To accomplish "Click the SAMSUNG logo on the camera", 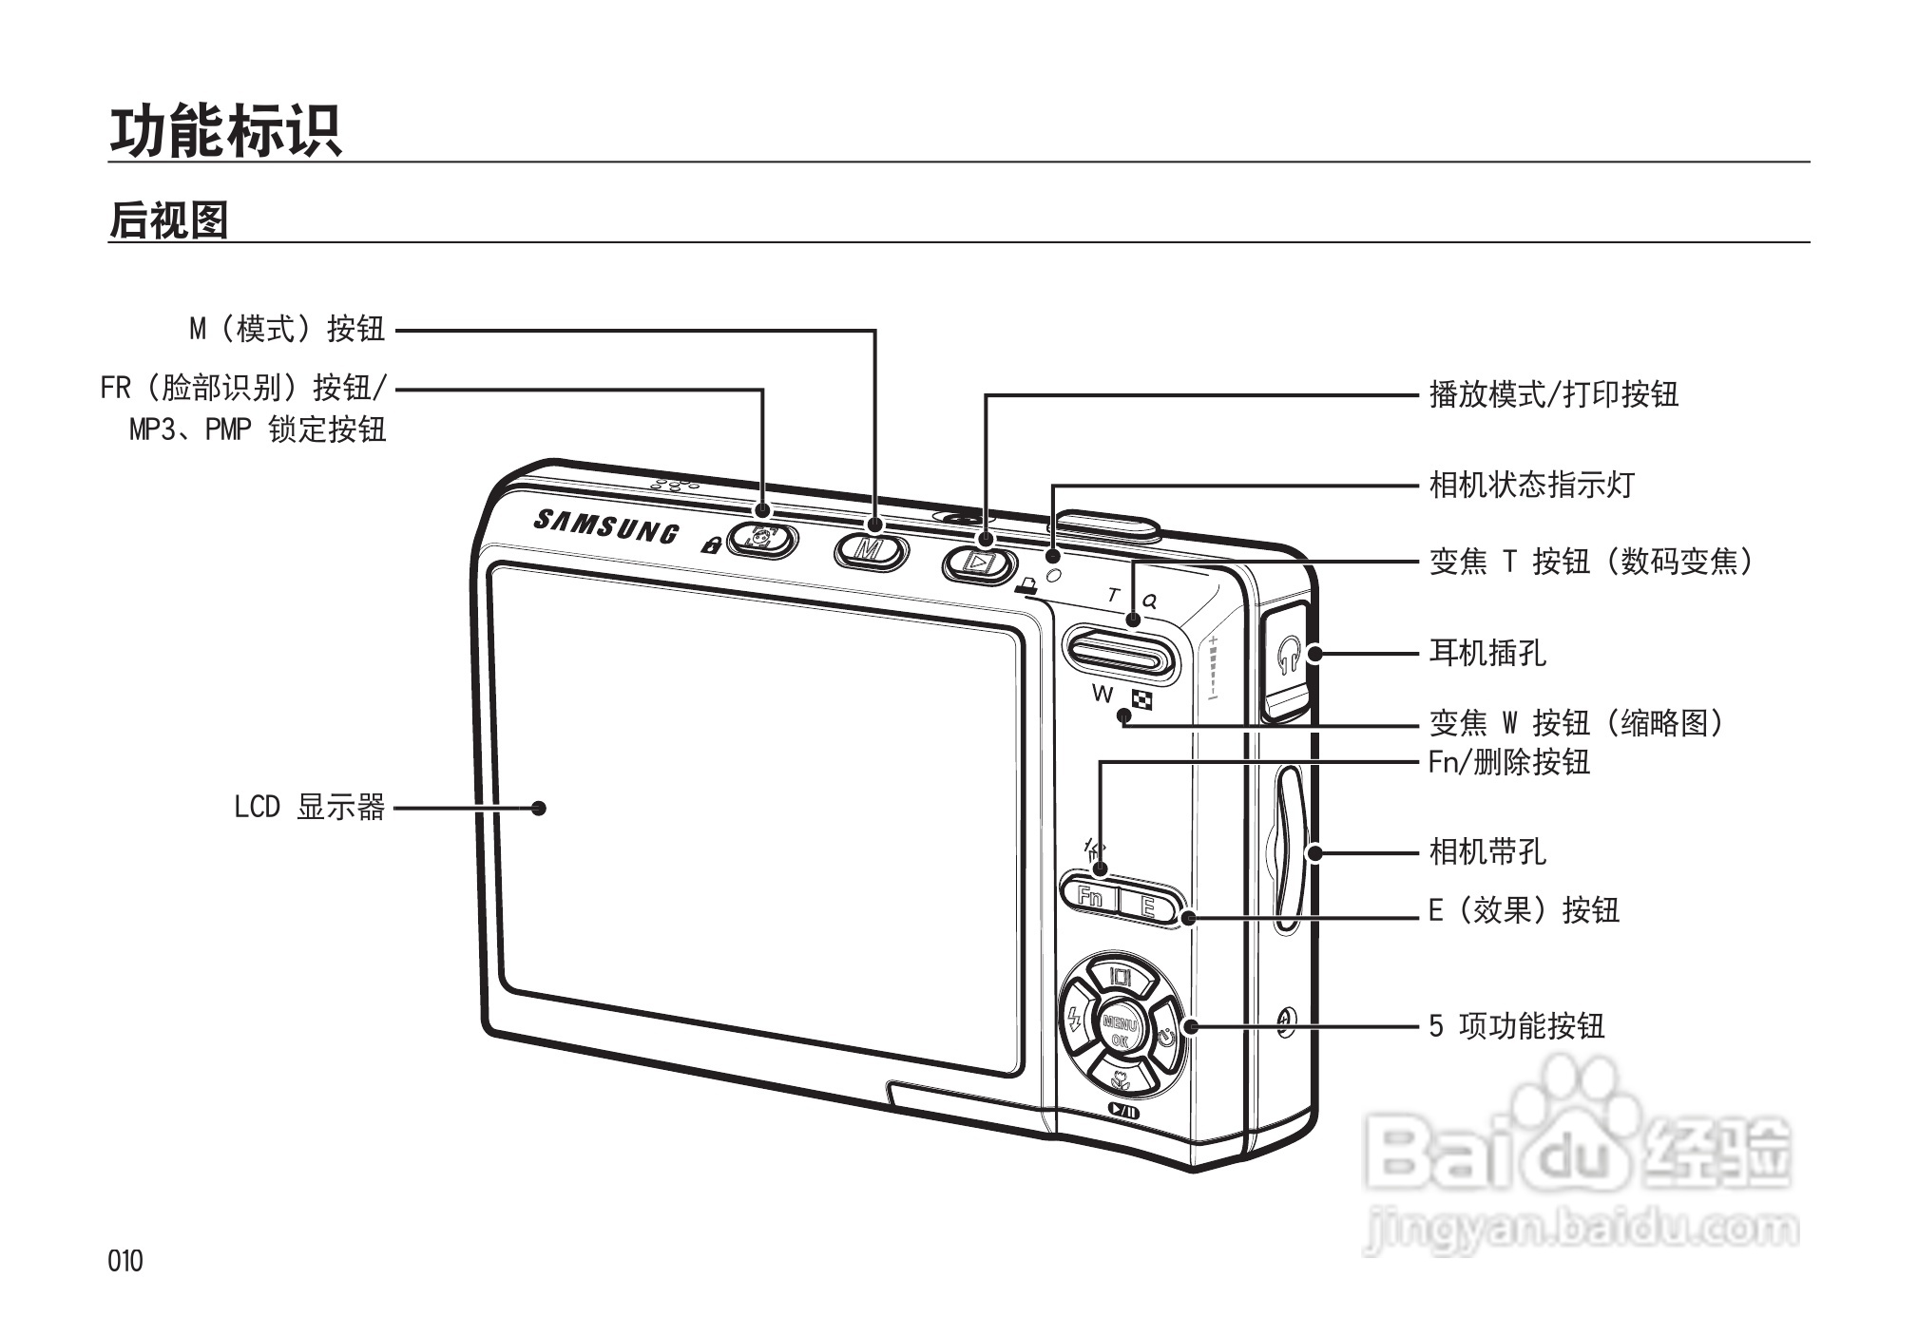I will click(x=605, y=525).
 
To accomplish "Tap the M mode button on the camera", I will click(x=870, y=549).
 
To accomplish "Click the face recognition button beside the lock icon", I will click(x=762, y=541).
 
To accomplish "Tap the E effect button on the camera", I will click(x=1148, y=906).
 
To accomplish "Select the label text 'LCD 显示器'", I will click(x=309, y=808).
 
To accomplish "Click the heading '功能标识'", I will click(x=225, y=130).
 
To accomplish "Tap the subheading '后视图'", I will click(x=169, y=220).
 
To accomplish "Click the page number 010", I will click(x=125, y=1261).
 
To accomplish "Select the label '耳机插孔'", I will click(x=1487, y=653).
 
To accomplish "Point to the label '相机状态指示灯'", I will click(x=1532, y=485).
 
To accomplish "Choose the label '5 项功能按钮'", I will click(x=1517, y=1026).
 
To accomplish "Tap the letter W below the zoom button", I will click(x=1103, y=694).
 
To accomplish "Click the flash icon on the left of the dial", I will click(x=1075, y=1021).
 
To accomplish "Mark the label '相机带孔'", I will click(x=1487, y=851).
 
